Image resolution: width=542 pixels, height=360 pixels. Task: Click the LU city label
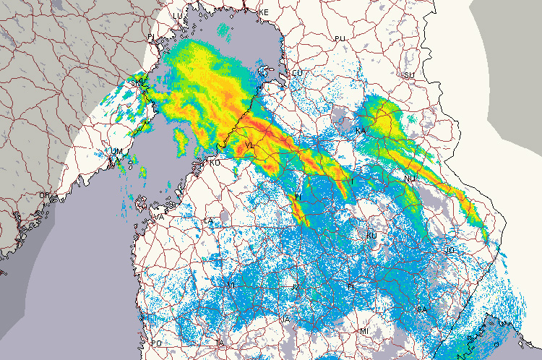[x=178, y=15]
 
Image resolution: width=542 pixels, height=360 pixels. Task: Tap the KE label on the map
[x=264, y=13]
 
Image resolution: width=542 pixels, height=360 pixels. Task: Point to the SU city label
[x=409, y=75]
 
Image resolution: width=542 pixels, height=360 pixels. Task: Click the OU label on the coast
[x=296, y=74]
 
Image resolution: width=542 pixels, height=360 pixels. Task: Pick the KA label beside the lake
[x=361, y=131]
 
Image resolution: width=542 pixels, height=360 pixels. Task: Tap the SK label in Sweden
[x=135, y=83]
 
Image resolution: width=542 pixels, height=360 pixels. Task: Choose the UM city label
[x=116, y=151]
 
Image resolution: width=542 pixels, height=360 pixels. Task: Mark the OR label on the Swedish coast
[x=44, y=195]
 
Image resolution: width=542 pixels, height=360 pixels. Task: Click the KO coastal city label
[x=214, y=163]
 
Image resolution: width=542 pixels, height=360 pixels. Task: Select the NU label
[x=410, y=179]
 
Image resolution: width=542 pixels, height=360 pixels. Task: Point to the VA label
[x=160, y=217]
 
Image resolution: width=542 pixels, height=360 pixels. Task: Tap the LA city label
[x=209, y=220]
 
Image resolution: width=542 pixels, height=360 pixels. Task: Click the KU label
[x=372, y=236]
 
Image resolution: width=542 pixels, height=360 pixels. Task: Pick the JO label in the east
[x=449, y=249]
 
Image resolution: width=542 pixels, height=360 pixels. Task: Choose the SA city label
[x=422, y=309]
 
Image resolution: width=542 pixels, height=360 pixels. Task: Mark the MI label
[x=364, y=330]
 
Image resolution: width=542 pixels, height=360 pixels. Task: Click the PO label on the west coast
[x=157, y=343]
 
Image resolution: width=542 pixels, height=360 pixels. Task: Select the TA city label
[x=220, y=342]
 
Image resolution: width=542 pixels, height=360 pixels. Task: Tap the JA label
[x=285, y=319]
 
